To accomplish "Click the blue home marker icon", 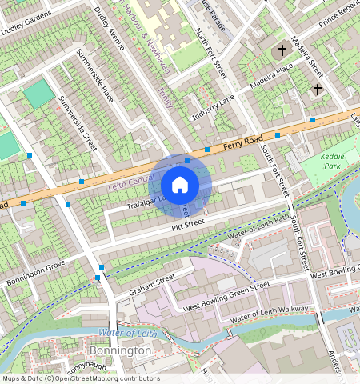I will (180, 185).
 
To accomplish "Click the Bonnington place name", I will (120, 350).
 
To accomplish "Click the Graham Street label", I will (151, 286).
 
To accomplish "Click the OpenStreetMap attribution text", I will (80, 378).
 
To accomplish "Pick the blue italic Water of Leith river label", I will (124, 332).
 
